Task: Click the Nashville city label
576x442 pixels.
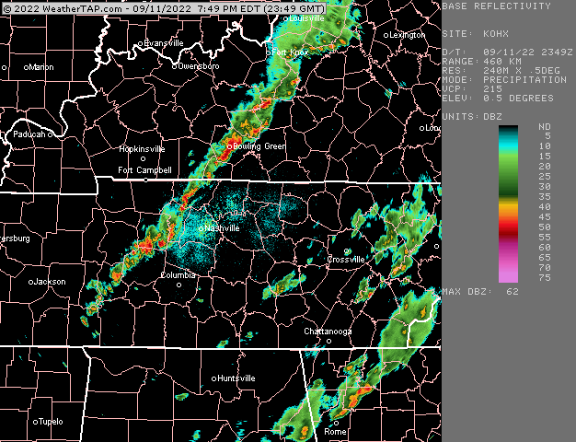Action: [223, 227]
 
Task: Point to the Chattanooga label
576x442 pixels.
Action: [328, 331]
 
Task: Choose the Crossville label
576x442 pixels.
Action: [347, 260]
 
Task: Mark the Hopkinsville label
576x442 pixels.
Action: [142, 148]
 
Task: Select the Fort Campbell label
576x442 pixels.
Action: [144, 170]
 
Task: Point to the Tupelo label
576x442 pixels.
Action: [51, 422]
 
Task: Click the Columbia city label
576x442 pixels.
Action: [179, 274]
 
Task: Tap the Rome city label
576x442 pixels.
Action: [336, 431]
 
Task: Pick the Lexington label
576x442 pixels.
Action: [408, 35]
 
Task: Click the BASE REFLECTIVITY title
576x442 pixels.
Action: [497, 6]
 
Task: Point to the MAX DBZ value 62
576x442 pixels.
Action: [513, 291]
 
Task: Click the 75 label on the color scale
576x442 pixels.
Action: [545, 277]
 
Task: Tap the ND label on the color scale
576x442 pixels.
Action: [545, 126]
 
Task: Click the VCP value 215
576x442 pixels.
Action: [493, 88]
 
